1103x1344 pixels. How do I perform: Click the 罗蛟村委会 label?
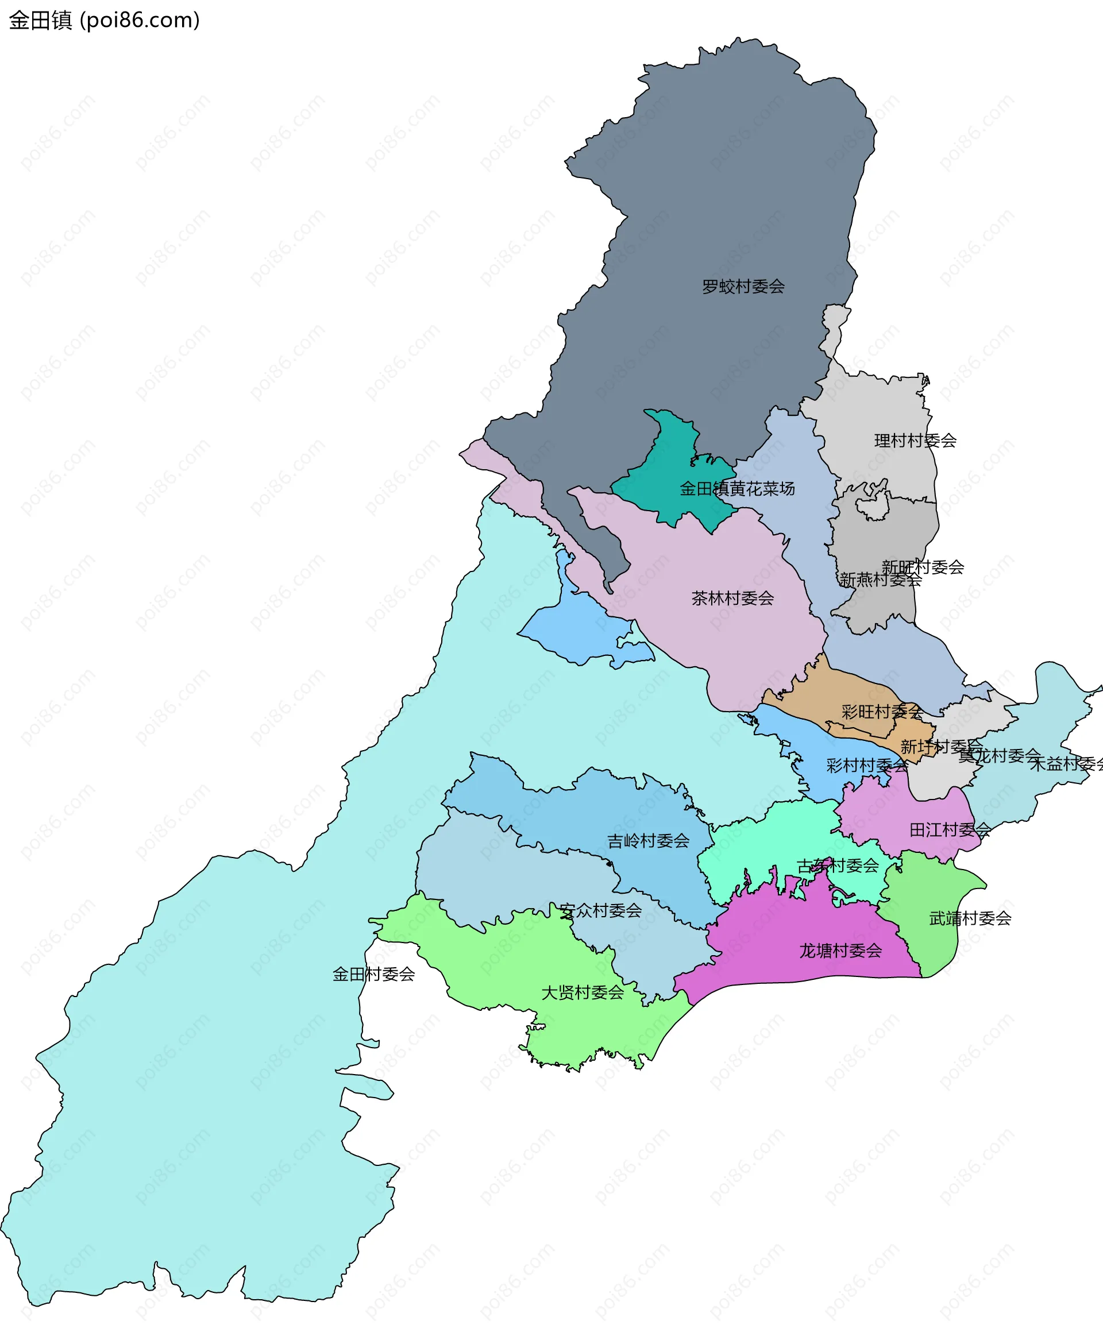point(743,287)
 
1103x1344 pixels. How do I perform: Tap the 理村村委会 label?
point(915,441)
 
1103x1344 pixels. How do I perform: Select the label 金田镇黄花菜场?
point(737,488)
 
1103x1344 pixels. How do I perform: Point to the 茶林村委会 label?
point(732,598)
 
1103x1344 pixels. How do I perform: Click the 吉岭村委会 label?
point(648,841)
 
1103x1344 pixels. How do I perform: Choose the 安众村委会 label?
point(600,911)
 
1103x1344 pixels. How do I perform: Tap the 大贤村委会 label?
point(582,992)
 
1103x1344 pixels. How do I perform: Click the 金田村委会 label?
point(373,974)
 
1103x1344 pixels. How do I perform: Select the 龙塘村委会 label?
point(840,951)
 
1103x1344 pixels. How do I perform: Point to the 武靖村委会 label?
point(970,918)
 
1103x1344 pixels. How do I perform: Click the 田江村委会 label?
point(950,830)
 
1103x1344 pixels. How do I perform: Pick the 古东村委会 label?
point(838,866)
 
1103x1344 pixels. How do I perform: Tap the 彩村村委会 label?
point(867,766)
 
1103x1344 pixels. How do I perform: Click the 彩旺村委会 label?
point(882,712)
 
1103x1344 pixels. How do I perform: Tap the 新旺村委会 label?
point(923,567)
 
